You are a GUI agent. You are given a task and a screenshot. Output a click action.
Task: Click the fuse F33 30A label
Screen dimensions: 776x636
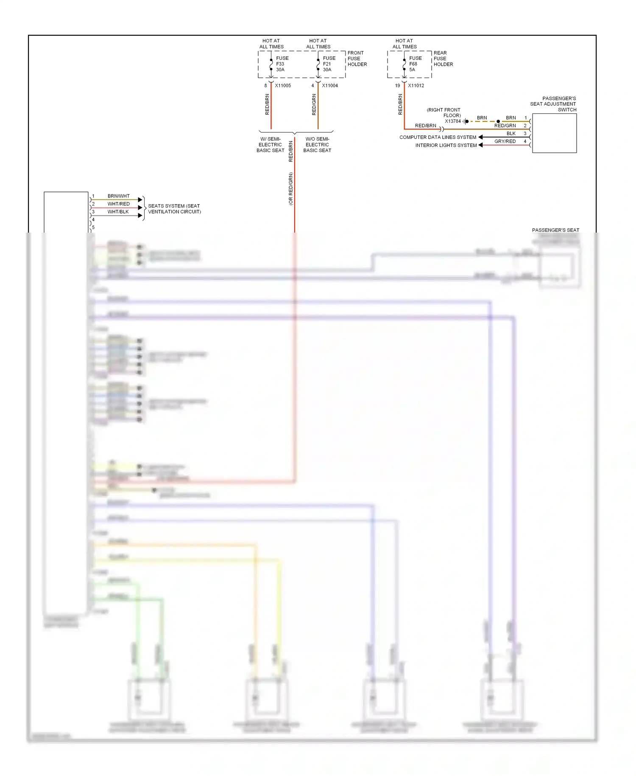tap(282, 64)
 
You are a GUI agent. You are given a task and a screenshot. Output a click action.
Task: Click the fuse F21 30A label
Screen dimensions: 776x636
tap(329, 64)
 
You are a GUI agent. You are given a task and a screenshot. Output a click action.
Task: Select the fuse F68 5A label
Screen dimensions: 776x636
tap(415, 64)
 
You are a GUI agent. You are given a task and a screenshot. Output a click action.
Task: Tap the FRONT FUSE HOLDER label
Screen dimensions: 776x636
tap(357, 59)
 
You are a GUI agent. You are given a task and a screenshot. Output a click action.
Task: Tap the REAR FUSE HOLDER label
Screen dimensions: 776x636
tap(443, 59)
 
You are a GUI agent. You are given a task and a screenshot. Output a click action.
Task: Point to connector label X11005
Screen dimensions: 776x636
tap(283, 86)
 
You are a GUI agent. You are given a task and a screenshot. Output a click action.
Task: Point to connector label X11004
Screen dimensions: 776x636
tap(330, 86)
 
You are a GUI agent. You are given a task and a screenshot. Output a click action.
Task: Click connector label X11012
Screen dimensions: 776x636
tap(416, 86)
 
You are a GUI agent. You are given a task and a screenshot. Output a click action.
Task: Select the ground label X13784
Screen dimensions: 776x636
tap(452, 121)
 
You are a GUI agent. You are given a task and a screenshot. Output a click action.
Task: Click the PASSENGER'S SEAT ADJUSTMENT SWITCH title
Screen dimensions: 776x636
tap(553, 104)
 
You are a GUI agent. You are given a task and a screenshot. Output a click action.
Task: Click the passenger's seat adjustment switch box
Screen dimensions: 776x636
tap(554, 133)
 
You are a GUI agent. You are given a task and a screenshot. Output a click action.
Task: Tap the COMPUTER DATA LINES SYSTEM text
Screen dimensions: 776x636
tap(438, 138)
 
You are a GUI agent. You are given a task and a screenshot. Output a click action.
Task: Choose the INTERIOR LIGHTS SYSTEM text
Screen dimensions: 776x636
tap(446, 146)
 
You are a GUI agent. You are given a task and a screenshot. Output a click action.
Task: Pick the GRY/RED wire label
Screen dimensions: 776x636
tap(505, 141)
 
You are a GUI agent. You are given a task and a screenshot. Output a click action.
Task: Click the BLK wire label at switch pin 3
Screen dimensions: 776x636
tap(511, 134)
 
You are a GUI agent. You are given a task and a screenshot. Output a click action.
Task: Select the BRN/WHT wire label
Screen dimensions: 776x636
tap(118, 196)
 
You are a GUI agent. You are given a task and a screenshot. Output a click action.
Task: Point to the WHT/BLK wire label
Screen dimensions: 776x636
tap(118, 212)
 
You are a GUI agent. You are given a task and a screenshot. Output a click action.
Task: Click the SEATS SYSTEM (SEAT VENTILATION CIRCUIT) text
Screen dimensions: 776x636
tap(174, 209)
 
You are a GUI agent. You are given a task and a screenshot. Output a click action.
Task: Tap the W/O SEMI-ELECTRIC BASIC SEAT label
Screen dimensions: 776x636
tap(317, 145)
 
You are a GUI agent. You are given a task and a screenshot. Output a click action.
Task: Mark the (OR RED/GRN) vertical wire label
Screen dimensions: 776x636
tap(291, 189)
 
